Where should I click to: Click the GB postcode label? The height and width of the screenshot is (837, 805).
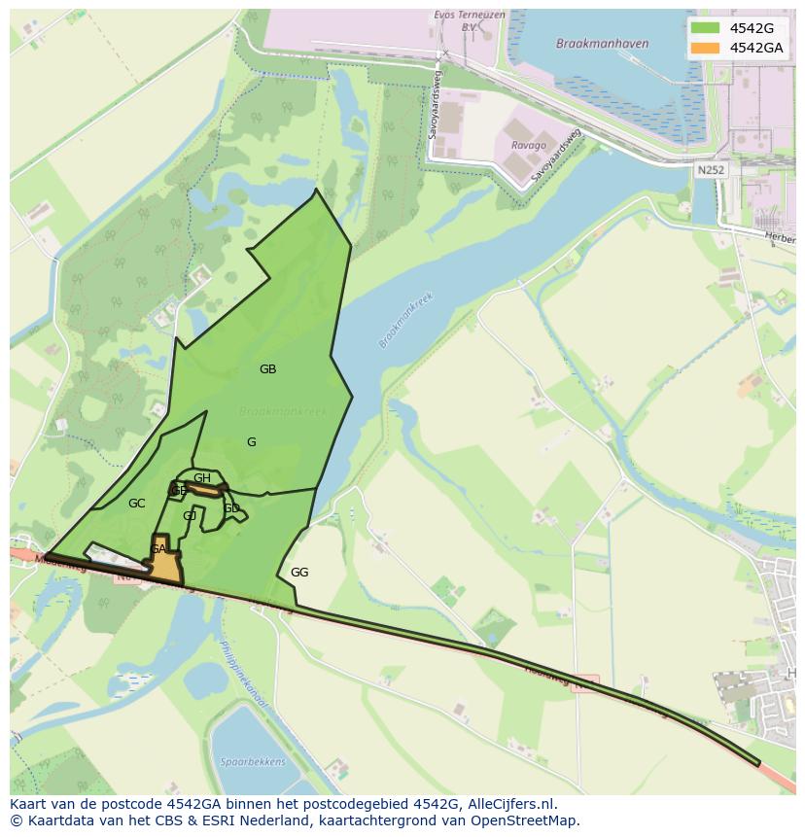(x=267, y=369)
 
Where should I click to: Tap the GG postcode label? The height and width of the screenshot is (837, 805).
(x=299, y=573)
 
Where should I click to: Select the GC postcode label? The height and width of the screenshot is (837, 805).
(x=136, y=504)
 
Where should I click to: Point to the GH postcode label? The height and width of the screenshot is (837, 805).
(x=202, y=478)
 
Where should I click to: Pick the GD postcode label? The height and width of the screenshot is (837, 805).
(x=231, y=508)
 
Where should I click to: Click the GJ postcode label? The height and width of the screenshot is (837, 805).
(x=190, y=516)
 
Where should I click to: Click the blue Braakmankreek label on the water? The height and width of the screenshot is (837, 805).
(x=405, y=321)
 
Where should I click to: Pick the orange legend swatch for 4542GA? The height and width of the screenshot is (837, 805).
(x=705, y=48)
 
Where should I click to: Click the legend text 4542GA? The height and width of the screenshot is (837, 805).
(x=756, y=48)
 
